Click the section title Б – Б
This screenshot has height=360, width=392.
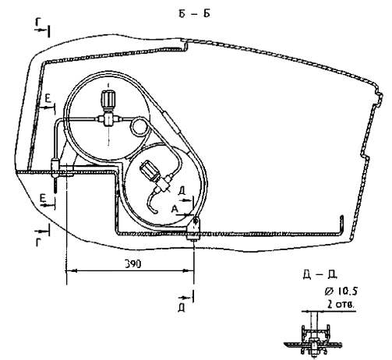click(194, 14)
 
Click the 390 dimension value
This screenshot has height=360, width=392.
click(132, 264)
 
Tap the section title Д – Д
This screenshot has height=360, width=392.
click(320, 275)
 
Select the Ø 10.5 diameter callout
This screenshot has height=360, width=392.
click(341, 291)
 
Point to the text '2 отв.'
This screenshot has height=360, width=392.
click(341, 304)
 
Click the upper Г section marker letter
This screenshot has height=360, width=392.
click(38, 23)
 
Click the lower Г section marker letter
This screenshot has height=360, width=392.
click(38, 242)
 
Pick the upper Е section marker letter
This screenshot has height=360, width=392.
click(48, 99)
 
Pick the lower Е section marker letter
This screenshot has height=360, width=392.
click(43, 199)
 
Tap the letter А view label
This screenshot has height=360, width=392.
click(175, 209)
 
